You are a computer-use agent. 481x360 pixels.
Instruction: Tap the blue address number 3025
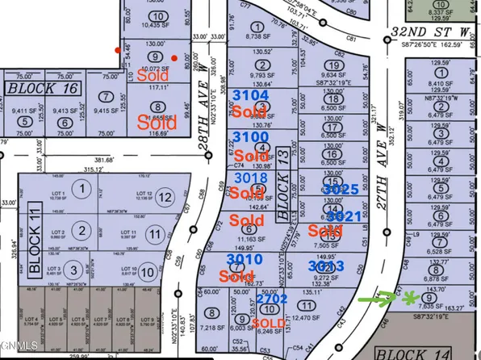point(340,189)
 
